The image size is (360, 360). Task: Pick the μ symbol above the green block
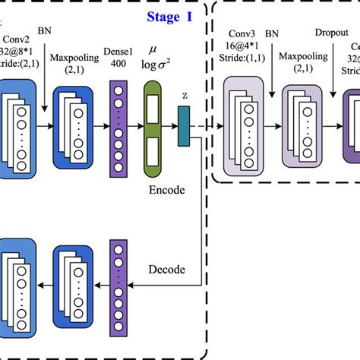point(153,55)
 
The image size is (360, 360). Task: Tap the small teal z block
point(183,125)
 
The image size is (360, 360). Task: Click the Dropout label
point(331,33)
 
